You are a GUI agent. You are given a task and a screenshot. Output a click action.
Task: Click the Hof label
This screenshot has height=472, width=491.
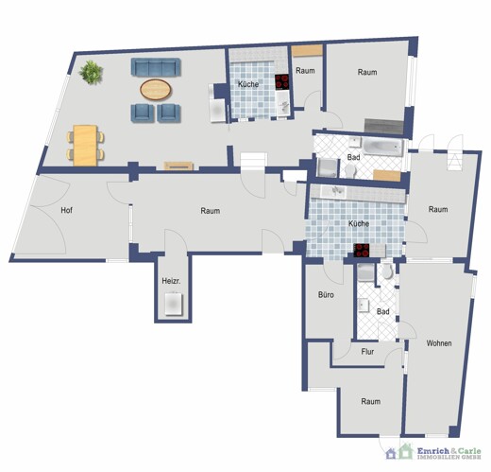(x=66, y=210)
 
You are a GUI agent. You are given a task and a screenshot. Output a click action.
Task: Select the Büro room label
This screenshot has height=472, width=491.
(x=326, y=295)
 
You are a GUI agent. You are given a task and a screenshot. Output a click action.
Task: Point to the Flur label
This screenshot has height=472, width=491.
(x=367, y=352)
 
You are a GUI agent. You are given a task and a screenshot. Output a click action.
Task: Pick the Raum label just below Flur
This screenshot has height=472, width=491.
(x=370, y=401)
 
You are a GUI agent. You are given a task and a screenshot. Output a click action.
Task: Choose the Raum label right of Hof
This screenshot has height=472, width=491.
(x=210, y=211)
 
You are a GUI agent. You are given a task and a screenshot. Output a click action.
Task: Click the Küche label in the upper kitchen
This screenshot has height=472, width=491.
(x=248, y=85)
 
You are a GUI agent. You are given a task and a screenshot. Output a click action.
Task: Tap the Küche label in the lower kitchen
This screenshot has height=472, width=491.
(x=359, y=223)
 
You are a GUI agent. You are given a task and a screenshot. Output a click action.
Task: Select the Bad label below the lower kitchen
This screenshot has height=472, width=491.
(x=382, y=311)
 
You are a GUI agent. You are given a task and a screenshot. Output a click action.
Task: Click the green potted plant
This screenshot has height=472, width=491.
(x=91, y=72)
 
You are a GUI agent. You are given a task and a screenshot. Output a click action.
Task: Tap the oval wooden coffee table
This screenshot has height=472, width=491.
(x=156, y=90)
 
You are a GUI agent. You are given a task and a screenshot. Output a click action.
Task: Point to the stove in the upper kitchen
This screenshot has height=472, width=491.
(x=281, y=81)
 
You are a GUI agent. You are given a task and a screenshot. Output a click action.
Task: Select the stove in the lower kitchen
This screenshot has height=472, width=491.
(x=362, y=250)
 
